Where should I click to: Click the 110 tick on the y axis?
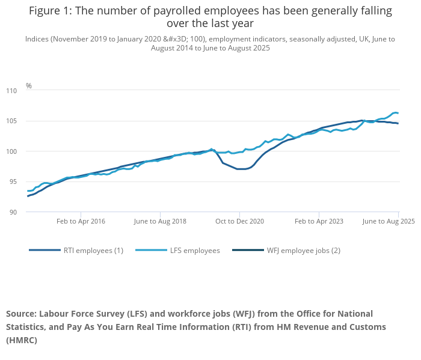(12, 91)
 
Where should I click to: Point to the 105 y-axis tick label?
(12, 121)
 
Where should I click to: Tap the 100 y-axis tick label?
(12, 151)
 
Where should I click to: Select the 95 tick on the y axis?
(13, 182)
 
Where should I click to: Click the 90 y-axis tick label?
(13, 212)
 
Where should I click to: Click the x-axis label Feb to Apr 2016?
(81, 221)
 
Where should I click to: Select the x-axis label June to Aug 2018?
(160, 221)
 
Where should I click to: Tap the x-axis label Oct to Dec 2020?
(239, 221)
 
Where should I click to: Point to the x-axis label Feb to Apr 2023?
(319, 221)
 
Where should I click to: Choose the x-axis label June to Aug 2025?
(389, 221)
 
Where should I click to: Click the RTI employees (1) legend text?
(93, 251)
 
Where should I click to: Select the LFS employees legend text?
(195, 251)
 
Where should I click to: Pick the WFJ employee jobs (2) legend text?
(303, 251)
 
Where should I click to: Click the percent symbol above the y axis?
(28, 86)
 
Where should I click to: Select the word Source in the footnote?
(22, 314)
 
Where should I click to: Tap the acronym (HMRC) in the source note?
(22, 340)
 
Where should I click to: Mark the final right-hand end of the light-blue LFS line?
(398, 113)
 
